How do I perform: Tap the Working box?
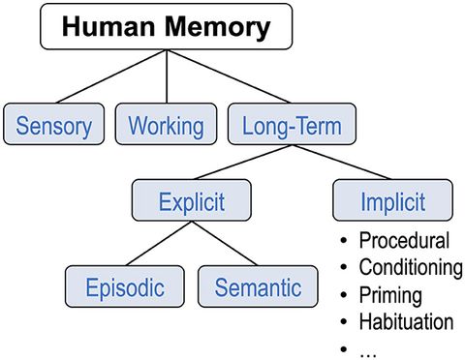(x=167, y=126)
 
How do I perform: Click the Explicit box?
(x=192, y=203)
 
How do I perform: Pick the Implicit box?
(x=391, y=203)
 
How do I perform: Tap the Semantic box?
(x=258, y=287)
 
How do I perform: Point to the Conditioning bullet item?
(x=410, y=267)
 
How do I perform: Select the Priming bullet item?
(x=390, y=294)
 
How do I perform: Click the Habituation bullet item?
(x=405, y=320)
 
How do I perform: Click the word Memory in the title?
(x=217, y=27)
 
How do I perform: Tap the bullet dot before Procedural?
(x=344, y=242)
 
